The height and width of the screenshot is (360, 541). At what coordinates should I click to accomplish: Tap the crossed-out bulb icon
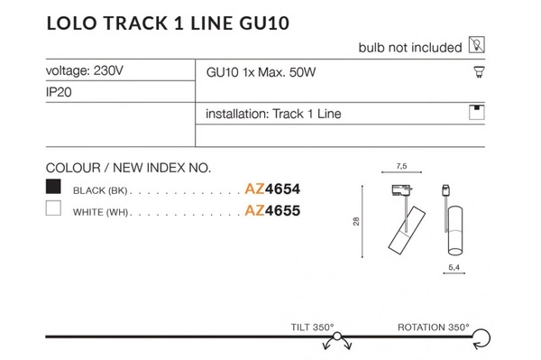click(x=478, y=46)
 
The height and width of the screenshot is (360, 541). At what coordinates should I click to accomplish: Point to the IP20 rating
click(x=59, y=92)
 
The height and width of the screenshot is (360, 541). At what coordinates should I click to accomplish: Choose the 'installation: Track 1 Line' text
click(x=273, y=115)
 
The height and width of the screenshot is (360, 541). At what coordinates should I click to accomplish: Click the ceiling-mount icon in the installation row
click(x=477, y=113)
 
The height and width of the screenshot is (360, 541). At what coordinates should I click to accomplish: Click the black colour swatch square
click(x=54, y=188)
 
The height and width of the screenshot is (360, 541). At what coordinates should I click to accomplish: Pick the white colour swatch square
click(x=54, y=210)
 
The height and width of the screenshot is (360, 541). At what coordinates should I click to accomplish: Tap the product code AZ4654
click(x=272, y=189)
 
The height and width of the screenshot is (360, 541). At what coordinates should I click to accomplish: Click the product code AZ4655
click(x=272, y=211)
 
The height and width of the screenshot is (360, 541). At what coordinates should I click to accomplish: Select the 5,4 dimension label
click(x=454, y=268)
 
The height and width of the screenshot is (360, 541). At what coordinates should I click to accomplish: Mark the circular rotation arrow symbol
click(x=482, y=337)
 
